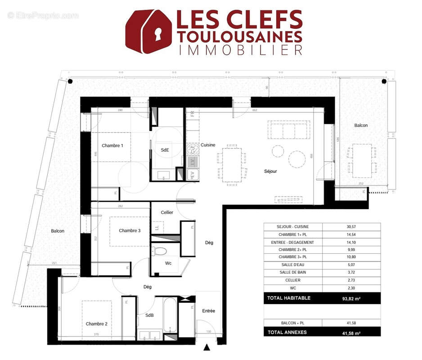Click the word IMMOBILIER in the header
240,50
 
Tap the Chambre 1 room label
112,146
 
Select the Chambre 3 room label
130,231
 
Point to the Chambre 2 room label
96,324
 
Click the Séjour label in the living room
270,171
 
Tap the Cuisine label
208,145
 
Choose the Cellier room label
167,212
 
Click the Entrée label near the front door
208,311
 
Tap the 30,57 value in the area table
347,227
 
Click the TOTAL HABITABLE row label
289,298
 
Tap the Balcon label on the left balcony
58,231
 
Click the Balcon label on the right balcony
361,126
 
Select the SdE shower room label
165,150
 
